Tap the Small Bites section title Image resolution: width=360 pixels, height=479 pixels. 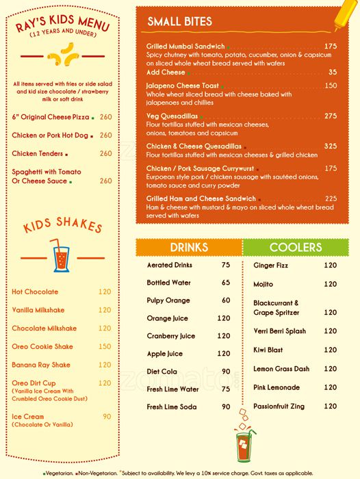point(180,22)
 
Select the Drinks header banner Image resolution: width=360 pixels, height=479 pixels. point(189,247)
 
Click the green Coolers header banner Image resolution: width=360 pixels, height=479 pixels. point(296,247)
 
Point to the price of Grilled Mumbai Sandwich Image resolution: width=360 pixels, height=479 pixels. point(331,47)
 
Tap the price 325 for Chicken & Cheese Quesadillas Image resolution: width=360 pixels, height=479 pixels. point(331,146)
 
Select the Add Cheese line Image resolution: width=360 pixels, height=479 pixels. point(166,72)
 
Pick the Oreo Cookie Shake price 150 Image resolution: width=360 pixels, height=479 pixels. point(105,347)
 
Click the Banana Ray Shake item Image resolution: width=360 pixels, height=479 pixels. point(41,365)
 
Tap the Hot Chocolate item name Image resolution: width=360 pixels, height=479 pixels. point(35,292)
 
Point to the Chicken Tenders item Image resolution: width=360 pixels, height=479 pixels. point(38,153)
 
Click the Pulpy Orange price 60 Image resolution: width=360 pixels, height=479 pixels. point(226,300)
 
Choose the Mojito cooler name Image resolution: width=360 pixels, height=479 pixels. point(263,284)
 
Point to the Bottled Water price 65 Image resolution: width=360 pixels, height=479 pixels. point(226,283)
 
